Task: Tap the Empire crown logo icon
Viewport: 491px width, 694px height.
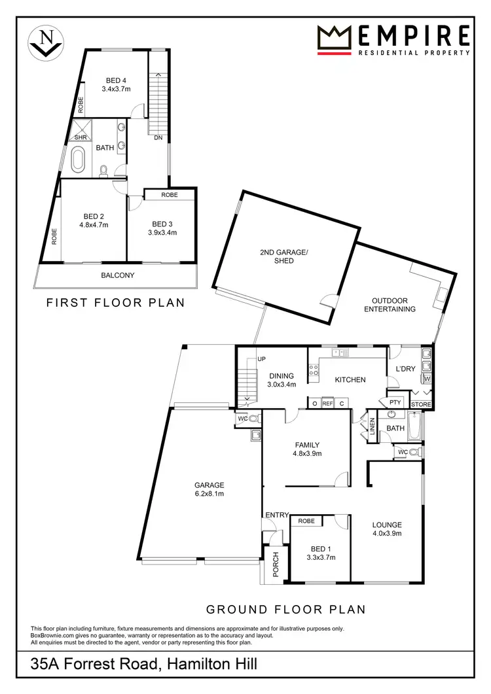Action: [336, 38]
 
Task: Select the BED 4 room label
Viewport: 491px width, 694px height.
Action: [114, 80]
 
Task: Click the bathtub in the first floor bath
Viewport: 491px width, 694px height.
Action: [79, 159]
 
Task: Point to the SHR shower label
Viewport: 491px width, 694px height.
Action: [80, 138]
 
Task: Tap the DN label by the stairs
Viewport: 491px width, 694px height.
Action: [158, 138]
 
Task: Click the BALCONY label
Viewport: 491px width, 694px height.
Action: [118, 275]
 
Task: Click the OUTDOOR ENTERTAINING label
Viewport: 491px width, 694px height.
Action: [390, 305]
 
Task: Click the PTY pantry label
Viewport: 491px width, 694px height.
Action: [395, 402]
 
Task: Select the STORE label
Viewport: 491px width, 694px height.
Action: [422, 405]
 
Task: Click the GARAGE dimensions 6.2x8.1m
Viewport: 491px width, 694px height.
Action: [209, 494]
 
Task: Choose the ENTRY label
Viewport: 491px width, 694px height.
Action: [276, 515]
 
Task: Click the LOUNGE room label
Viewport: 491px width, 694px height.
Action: [386, 525]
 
